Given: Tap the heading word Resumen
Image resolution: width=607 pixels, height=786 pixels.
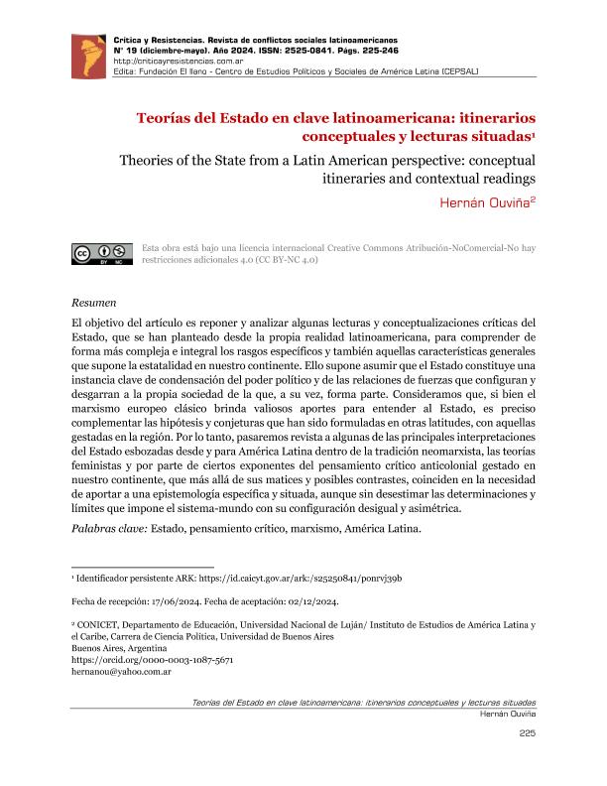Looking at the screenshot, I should tap(95, 301).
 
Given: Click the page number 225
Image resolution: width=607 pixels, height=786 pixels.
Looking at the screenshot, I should tap(527, 733).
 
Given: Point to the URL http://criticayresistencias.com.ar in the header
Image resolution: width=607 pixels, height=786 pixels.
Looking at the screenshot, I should tap(169, 61).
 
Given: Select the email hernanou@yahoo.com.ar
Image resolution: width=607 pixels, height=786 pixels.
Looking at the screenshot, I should tap(123, 671).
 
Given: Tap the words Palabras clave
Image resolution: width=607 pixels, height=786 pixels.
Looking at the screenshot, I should tap(108, 528).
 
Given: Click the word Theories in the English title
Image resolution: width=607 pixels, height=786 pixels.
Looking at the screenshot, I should tap(153, 160).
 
